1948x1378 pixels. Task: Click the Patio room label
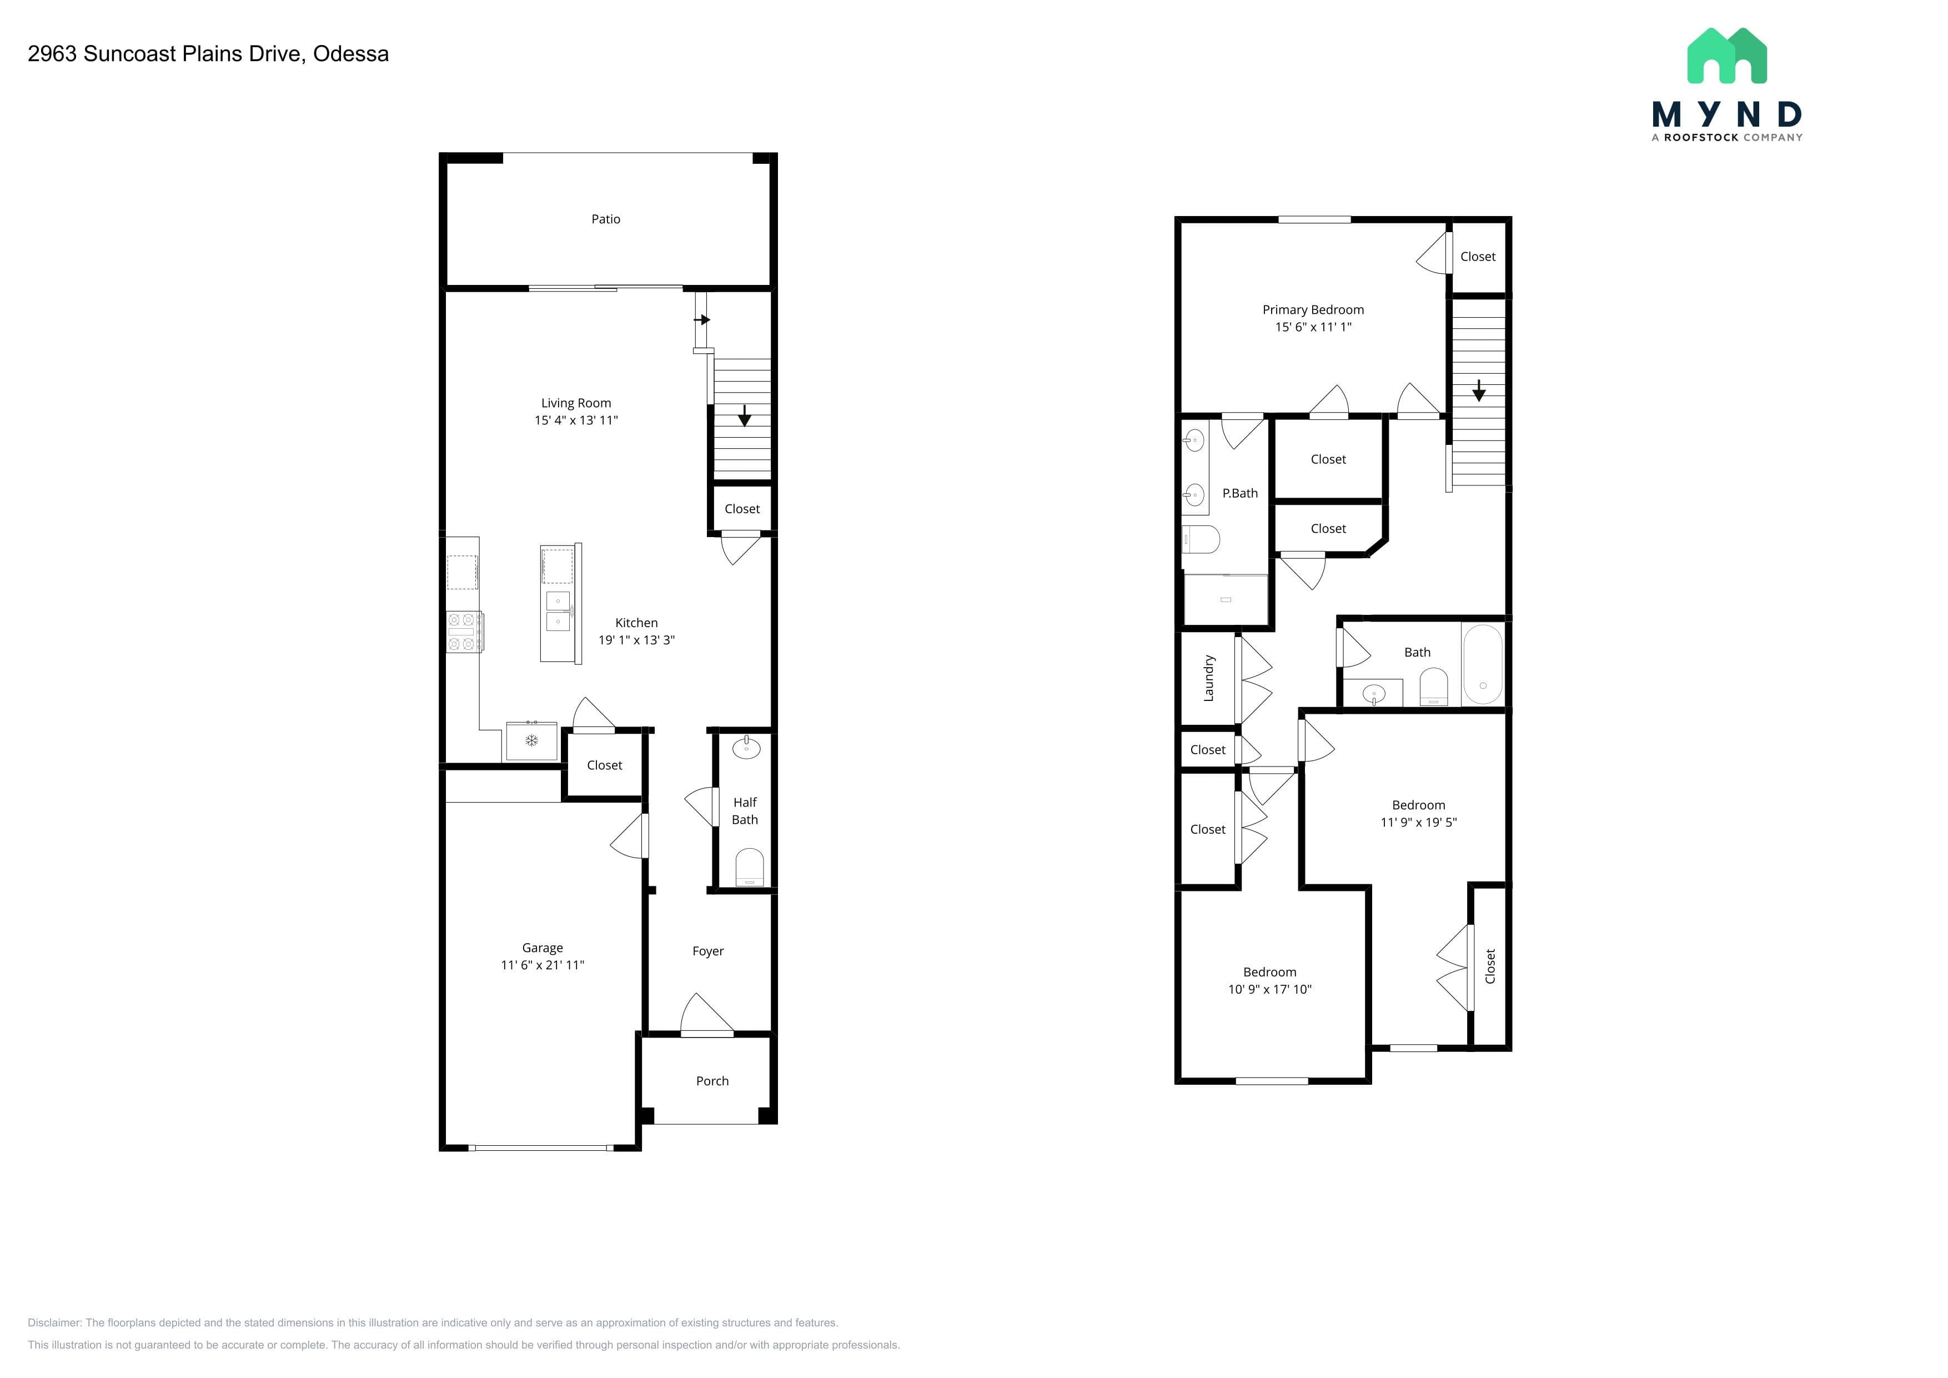pyautogui.click(x=606, y=219)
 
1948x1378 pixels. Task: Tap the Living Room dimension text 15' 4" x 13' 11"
pyautogui.click(x=576, y=420)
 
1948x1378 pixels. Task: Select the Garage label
pyautogui.click(x=542, y=948)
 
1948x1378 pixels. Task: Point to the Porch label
pyautogui.click(x=712, y=1081)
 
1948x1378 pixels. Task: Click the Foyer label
pyautogui.click(x=707, y=951)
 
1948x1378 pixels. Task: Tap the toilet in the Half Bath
pyautogui.click(x=749, y=867)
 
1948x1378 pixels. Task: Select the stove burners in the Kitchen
pyautogui.click(x=464, y=632)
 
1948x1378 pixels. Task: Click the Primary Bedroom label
pyautogui.click(x=1313, y=310)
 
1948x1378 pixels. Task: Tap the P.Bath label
pyautogui.click(x=1239, y=493)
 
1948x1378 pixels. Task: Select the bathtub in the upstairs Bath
pyautogui.click(x=1482, y=664)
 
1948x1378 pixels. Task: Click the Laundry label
pyautogui.click(x=1208, y=678)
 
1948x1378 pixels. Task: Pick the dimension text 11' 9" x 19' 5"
pyautogui.click(x=1419, y=822)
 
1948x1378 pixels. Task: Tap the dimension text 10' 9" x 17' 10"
pyautogui.click(x=1269, y=989)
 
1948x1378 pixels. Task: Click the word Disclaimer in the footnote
pyautogui.click(x=53, y=1323)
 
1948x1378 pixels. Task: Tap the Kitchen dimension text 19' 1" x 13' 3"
pyautogui.click(x=636, y=640)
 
